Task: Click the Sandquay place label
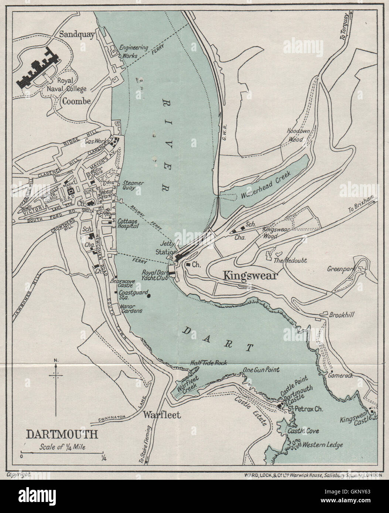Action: click(x=77, y=34)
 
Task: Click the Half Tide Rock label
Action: click(x=208, y=363)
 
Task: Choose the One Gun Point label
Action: click(x=261, y=370)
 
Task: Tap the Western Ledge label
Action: click(x=323, y=445)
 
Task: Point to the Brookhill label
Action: click(x=342, y=315)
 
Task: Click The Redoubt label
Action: click(x=290, y=260)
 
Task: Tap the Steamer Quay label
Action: click(x=133, y=185)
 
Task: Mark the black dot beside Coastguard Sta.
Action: click(x=149, y=295)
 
